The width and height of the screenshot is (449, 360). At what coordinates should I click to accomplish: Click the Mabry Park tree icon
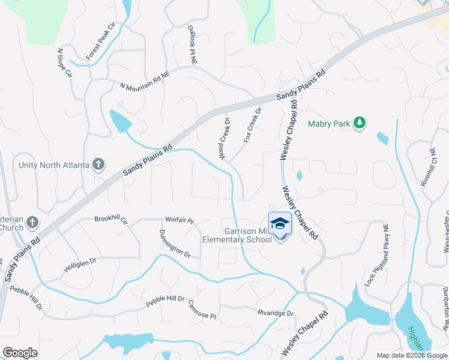click(360, 123)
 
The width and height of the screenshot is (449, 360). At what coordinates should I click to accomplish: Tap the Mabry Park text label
click(329, 124)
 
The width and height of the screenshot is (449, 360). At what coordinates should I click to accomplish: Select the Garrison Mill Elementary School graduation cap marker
click(280, 224)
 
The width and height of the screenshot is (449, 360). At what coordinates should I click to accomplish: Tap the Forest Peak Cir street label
click(100, 42)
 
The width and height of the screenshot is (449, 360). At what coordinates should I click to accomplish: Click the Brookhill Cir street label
click(111, 220)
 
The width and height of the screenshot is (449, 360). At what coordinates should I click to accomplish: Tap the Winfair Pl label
click(179, 221)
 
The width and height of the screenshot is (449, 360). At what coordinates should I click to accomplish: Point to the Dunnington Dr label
click(175, 244)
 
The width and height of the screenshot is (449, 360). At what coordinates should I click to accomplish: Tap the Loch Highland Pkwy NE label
click(378, 254)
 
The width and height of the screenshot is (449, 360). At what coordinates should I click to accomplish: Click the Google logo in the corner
click(20, 352)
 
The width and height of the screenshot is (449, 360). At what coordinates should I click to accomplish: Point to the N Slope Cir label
click(64, 64)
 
